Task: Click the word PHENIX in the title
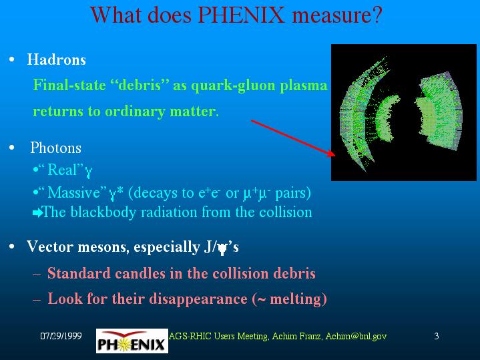point(242,15)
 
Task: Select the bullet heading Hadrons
point(57,59)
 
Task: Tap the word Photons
point(55,148)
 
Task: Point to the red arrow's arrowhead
point(331,153)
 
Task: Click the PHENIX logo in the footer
point(132,341)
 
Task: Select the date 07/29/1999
point(61,336)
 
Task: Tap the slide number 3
point(437,336)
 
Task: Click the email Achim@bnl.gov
point(356,336)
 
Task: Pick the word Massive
point(74,193)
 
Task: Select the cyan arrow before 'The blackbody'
point(37,212)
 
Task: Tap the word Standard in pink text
point(79,273)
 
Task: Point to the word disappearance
point(195,299)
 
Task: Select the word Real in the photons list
point(62,170)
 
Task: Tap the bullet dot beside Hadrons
point(12,59)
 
